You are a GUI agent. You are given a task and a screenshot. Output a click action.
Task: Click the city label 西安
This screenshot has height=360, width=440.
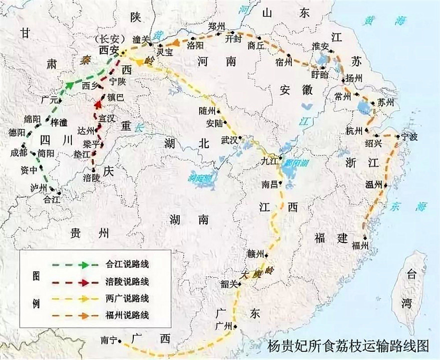pyautogui.click(x=109, y=50)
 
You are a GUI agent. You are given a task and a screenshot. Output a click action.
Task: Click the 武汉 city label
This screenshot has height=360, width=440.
pyautogui.click(x=231, y=141)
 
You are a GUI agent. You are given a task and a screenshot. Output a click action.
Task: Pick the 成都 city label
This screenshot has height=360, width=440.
pyautogui.click(x=19, y=154)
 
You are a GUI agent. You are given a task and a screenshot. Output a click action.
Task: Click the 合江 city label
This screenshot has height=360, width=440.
pyautogui.click(x=51, y=198)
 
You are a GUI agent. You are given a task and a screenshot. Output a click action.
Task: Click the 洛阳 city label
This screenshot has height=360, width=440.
pyautogui.click(x=195, y=45)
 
